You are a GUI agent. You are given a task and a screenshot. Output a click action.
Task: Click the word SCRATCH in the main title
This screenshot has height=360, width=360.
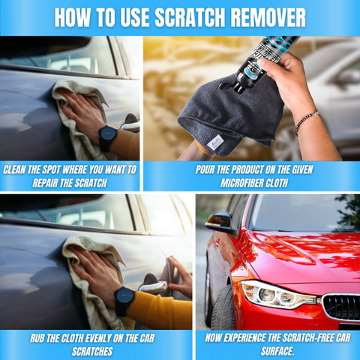pos(190,17)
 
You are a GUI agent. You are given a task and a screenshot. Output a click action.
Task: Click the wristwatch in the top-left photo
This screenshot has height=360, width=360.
pos(108,138)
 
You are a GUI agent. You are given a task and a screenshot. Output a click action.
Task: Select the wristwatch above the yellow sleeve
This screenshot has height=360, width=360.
pos(124,301)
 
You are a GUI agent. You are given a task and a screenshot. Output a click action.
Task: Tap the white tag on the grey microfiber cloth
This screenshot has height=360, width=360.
pos(215,142)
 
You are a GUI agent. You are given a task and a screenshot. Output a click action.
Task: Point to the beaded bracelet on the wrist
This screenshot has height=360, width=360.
pos(306,121)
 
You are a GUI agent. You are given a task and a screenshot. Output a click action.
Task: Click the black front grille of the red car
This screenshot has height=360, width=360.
pos(341,307)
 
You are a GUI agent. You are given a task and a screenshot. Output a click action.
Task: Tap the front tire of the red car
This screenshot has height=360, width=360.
pos(223,307)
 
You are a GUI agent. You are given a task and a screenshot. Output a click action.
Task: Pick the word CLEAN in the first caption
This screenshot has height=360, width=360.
pos(14,169)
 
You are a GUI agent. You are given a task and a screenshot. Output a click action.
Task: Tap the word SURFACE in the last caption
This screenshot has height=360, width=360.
pos(277,351)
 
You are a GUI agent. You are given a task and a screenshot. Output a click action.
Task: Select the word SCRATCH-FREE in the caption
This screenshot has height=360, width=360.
pos(300,338)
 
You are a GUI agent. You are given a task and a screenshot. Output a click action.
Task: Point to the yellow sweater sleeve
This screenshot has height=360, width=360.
pos(160,310)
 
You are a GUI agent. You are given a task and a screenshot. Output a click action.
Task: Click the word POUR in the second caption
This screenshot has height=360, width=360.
pos(205,169)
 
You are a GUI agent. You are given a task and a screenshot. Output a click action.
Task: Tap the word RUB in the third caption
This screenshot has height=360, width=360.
pos(37,338)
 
